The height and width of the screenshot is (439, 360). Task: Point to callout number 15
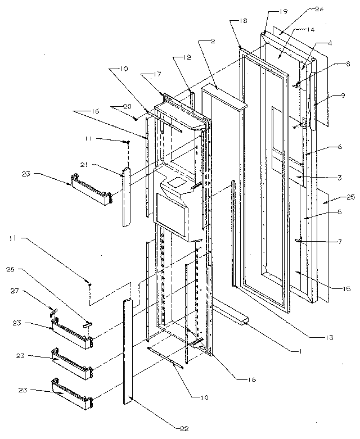click(346, 289)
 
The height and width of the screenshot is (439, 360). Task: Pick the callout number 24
click(319, 10)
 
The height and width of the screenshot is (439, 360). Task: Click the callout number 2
click(214, 40)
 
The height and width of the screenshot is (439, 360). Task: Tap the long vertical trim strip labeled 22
click(127, 351)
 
